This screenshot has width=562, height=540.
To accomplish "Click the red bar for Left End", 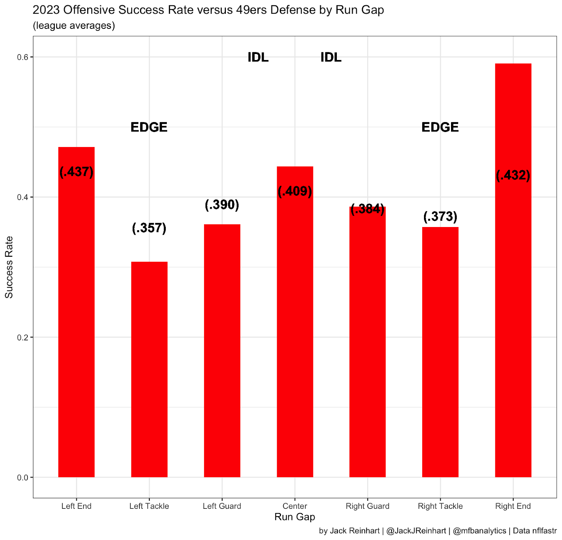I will [76, 316].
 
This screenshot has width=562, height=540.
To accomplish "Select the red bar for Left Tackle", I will [149, 368].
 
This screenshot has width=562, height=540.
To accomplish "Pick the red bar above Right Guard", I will [367, 344].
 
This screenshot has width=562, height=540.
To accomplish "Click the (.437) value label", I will [77, 172].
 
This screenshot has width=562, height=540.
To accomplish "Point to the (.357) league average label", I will [149, 228].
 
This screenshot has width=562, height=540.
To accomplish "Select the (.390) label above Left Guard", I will [222, 205].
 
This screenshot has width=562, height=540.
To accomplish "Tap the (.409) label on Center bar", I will [295, 191].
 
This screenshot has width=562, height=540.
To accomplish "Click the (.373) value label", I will [440, 216].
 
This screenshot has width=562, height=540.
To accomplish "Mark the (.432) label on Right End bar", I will [513, 175].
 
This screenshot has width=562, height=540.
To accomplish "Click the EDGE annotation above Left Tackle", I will [149, 127].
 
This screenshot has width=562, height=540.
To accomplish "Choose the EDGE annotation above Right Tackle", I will [440, 127].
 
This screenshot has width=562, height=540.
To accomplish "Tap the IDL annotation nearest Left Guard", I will [258, 57].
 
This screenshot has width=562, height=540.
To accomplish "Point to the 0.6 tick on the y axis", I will [23, 57].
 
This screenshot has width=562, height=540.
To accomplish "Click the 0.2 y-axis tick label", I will [23, 337].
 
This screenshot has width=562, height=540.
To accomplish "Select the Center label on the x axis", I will [295, 506].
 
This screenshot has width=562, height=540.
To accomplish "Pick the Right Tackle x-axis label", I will [440, 506].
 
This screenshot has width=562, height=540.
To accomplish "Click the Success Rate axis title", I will [9, 267].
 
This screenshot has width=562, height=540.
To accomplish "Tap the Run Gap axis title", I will [295, 517].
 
